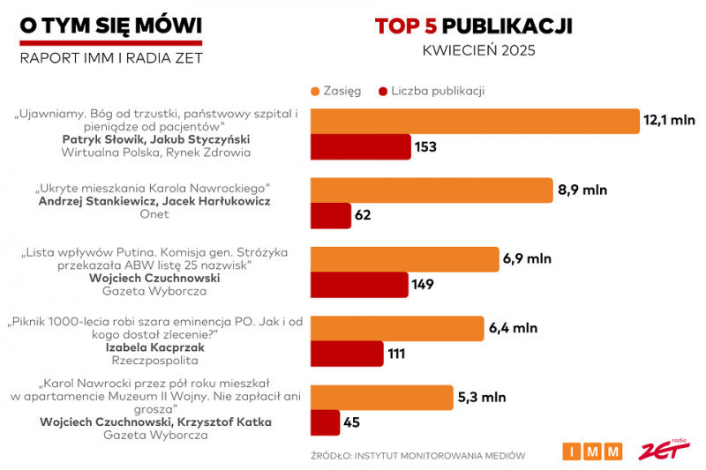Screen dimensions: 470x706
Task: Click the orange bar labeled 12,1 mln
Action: click(x=474, y=121)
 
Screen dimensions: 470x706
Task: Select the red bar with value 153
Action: click(x=360, y=146)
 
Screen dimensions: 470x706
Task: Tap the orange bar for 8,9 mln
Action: click(x=431, y=190)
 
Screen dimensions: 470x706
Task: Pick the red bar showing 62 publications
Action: click(x=330, y=215)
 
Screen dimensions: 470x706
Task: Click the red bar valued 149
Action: click(x=358, y=284)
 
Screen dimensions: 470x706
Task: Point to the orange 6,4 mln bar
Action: click(x=396, y=328)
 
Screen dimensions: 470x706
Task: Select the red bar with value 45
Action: click(x=325, y=422)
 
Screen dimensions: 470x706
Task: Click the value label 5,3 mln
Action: click(x=482, y=397)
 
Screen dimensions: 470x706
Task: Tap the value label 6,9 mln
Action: click(x=527, y=258)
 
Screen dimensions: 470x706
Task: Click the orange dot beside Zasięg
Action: click(x=314, y=90)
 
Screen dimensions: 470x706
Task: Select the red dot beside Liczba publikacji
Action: click(x=383, y=90)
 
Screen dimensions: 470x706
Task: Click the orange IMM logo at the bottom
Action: click(x=592, y=451)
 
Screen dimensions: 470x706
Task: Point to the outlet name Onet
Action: click(x=154, y=214)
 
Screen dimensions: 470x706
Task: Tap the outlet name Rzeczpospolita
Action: click(x=154, y=362)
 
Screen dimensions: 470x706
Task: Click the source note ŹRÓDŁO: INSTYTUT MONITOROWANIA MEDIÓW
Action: click(x=418, y=456)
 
